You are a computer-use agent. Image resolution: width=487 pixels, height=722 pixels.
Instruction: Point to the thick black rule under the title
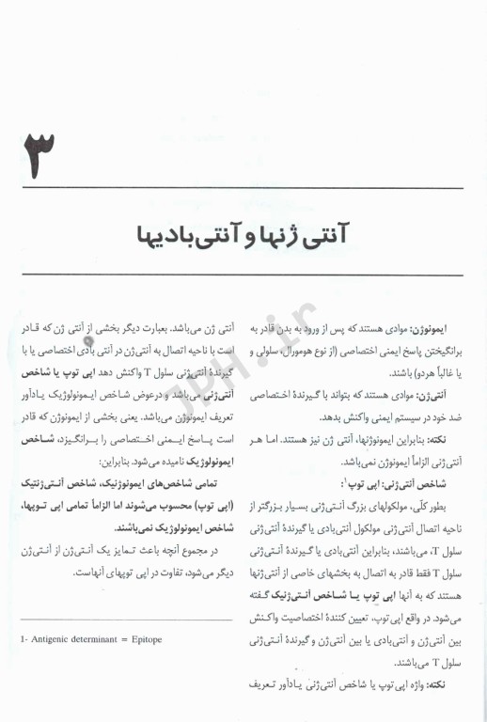click(x=243, y=274)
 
